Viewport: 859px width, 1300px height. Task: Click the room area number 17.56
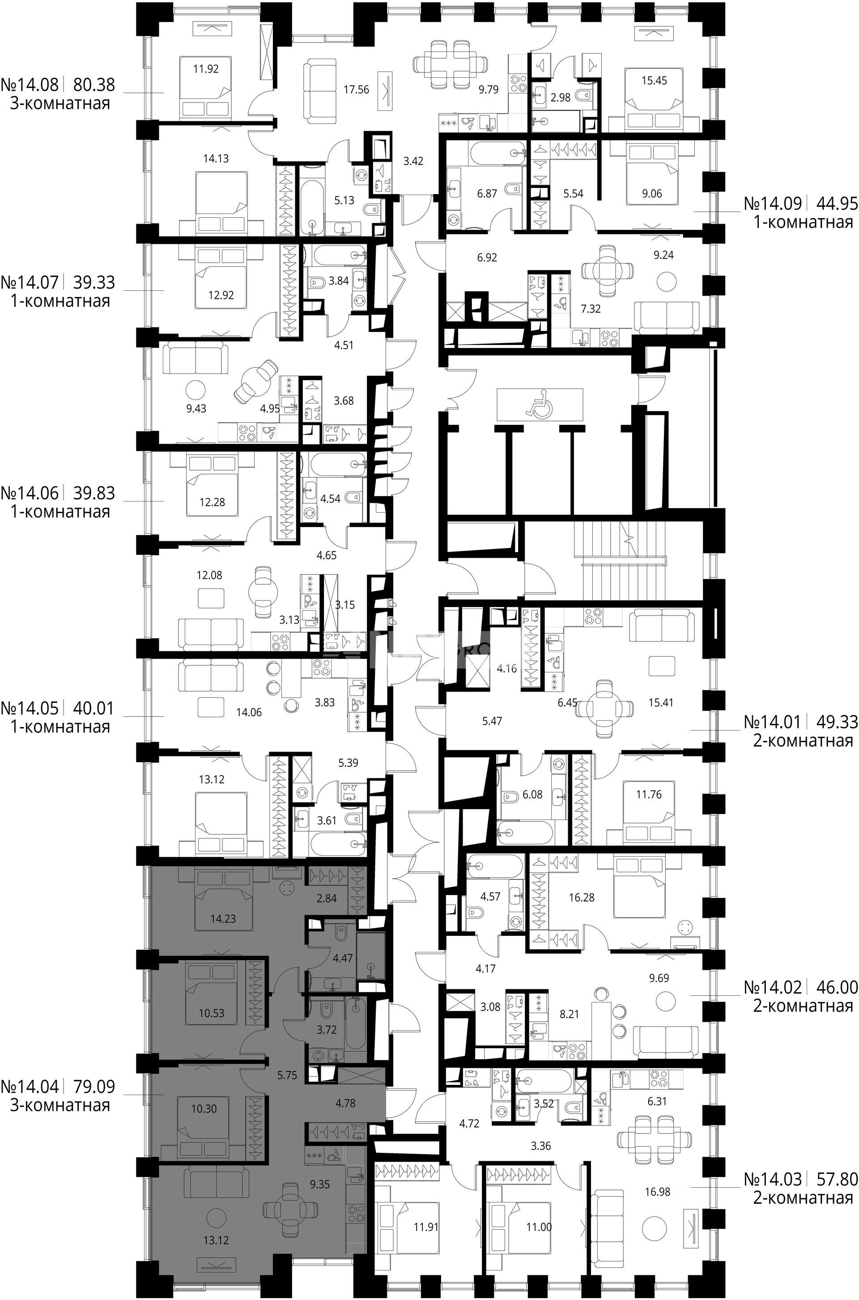(356, 89)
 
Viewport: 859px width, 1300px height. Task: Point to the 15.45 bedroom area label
(654, 81)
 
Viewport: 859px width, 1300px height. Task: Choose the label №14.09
(773, 204)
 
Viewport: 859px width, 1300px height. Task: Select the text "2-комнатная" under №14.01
(803, 741)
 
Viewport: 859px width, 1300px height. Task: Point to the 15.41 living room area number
(661, 702)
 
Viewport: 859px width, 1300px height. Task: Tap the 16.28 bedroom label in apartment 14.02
(582, 898)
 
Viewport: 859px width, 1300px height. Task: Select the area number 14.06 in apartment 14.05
(249, 713)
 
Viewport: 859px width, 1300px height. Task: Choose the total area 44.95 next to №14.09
(837, 204)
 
